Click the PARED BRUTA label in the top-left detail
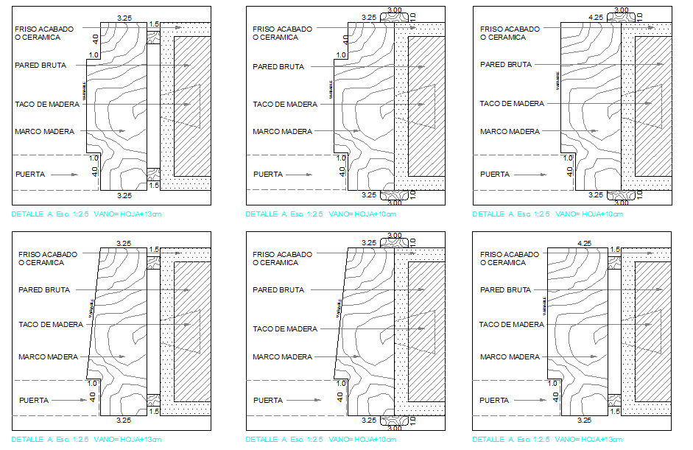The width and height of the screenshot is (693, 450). click(41, 66)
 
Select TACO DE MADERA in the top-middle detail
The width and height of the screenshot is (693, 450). click(285, 105)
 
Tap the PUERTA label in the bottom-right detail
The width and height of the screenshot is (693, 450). click(494, 401)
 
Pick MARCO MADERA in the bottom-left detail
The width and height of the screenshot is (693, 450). click(48, 357)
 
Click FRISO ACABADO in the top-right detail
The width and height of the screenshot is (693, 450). click(510, 29)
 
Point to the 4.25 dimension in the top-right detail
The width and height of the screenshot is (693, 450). click(596, 16)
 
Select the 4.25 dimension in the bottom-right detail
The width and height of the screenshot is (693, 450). click(585, 242)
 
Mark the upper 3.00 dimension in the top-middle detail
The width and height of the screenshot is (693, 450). click(395, 10)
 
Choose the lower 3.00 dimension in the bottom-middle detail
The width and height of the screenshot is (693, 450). click(395, 426)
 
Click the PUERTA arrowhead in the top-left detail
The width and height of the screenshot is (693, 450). click(75, 175)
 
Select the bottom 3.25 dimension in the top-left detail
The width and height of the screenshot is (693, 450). click(124, 195)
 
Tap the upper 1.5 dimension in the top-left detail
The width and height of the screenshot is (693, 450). click(154, 24)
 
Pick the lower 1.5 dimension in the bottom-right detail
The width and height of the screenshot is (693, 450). click(615, 411)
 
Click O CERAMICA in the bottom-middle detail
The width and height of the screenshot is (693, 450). click(275, 263)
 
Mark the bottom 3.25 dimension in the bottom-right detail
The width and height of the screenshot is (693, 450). click(584, 421)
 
